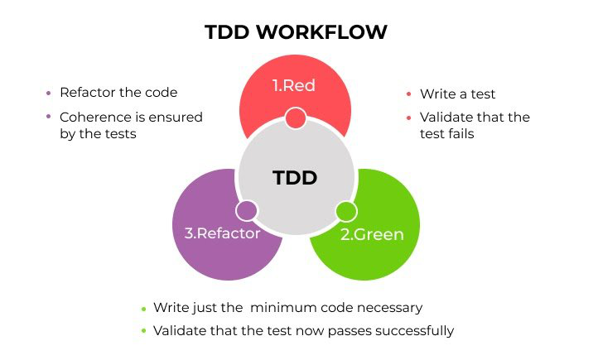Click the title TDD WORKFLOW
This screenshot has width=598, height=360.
(296, 31)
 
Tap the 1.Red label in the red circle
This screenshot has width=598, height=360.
(294, 85)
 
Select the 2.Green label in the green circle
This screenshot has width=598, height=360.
(372, 234)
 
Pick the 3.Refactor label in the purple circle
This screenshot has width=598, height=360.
(222, 233)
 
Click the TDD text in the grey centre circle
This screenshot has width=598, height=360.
(295, 178)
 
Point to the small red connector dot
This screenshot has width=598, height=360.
(296, 118)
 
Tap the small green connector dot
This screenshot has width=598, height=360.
(346, 211)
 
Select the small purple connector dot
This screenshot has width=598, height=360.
(246, 211)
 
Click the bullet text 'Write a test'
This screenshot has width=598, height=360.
(458, 94)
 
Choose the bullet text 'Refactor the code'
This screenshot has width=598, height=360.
(118, 93)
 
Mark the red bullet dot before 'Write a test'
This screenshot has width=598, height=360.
(409, 94)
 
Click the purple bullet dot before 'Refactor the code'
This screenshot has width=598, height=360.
(48, 93)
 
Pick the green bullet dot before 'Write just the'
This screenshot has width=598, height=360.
(144, 309)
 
